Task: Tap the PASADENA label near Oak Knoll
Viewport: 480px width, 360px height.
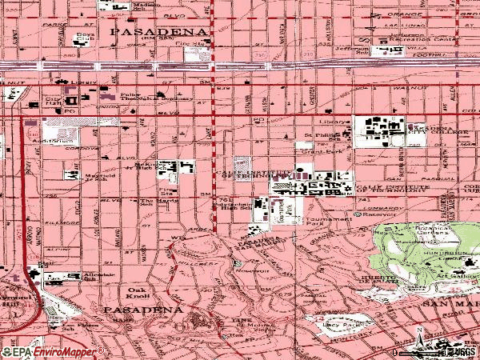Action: click(x=142, y=309)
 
